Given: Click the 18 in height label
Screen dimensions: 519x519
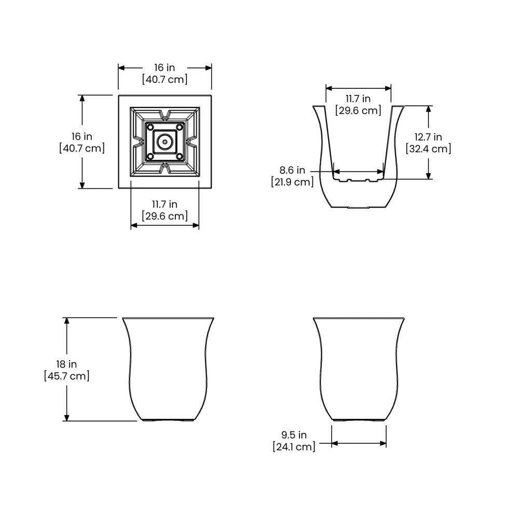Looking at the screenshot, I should pyautogui.click(x=66, y=364).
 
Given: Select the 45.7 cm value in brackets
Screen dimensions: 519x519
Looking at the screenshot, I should pyautogui.click(x=66, y=376).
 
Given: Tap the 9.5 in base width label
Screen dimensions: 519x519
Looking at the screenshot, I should pyautogui.click(x=294, y=435).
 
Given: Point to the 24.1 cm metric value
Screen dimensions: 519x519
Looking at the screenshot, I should pyautogui.click(x=294, y=446).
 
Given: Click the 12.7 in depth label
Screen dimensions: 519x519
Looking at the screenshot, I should pyautogui.click(x=428, y=137).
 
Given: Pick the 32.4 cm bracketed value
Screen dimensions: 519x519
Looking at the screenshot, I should pyautogui.click(x=428, y=149).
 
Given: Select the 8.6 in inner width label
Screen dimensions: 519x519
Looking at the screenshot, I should pyautogui.click(x=293, y=170).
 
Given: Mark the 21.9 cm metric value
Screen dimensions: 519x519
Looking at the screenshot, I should pyautogui.click(x=293, y=182).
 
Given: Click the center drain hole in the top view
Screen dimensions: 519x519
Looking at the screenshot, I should pyautogui.click(x=165, y=141).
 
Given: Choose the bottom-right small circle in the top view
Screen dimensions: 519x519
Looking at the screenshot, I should pyautogui.click(x=180, y=156).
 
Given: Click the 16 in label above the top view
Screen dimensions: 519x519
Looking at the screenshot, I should pyautogui.click(x=165, y=67).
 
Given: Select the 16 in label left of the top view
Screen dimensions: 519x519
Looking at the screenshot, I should pyautogui.click(x=82, y=136).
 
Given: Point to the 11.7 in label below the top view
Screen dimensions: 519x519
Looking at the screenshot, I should pyautogui.click(x=165, y=204).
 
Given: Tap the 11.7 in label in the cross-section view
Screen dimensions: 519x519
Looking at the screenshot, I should pyautogui.click(x=358, y=99).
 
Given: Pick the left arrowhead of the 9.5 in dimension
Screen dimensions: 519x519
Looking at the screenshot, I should pyautogui.click(x=334, y=443).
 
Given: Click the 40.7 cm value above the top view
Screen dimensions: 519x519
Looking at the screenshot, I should pyautogui.click(x=165, y=79).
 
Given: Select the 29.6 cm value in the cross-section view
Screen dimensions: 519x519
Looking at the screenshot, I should pyautogui.click(x=358, y=111).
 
